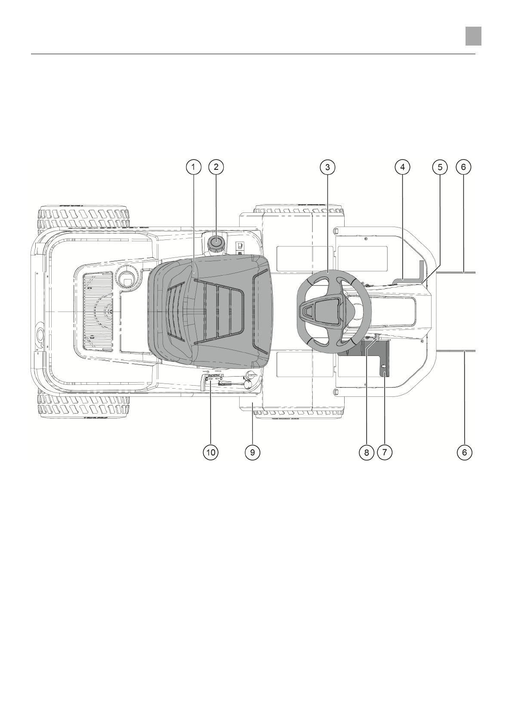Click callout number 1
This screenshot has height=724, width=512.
click(194, 167)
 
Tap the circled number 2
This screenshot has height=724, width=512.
click(216, 167)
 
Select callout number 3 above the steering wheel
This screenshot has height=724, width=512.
click(327, 167)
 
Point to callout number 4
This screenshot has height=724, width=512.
click(402, 167)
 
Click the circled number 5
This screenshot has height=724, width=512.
click(440, 167)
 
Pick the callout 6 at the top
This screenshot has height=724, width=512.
click(463, 167)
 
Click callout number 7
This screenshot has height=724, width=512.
click(384, 452)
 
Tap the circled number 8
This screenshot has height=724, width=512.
click(366, 452)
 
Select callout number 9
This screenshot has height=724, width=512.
click(253, 452)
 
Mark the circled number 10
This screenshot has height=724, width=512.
click(211, 452)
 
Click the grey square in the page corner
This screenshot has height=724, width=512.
click(473, 36)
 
